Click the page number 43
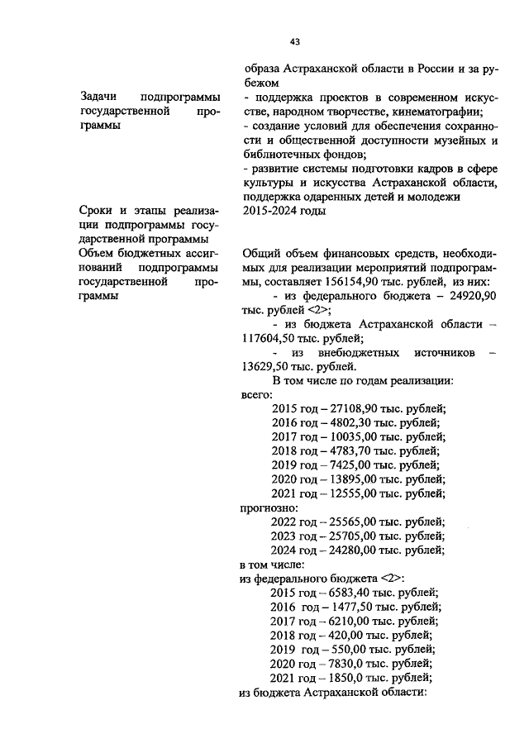[294, 41]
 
